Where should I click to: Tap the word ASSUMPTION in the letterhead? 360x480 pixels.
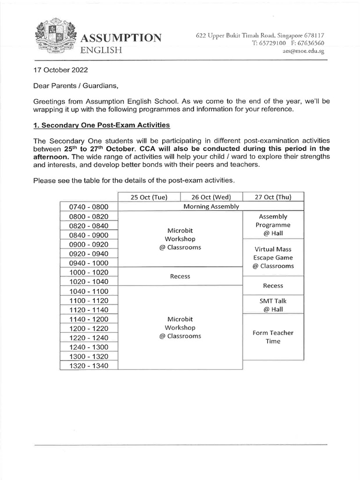point(122,38)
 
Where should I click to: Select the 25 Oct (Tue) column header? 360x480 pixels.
point(149,197)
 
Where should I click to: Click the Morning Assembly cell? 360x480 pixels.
point(211,206)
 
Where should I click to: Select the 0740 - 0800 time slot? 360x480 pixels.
point(89,207)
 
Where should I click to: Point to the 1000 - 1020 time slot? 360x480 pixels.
point(89,272)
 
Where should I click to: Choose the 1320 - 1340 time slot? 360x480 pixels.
point(89,366)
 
